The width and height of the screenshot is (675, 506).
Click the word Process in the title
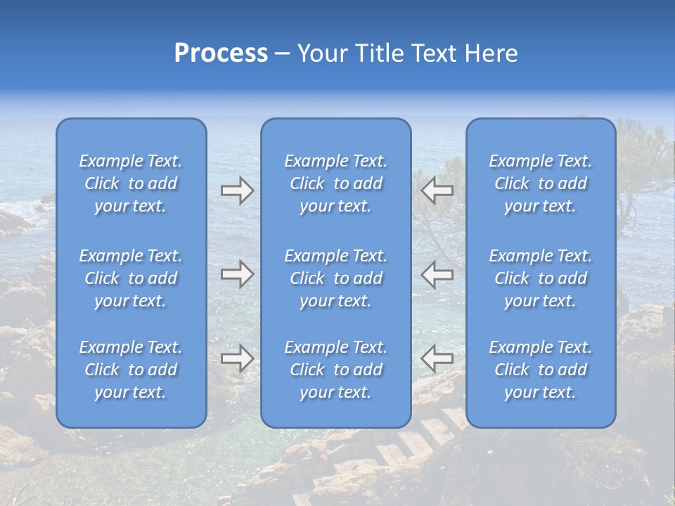pos(221,53)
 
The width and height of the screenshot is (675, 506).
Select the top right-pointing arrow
pos(237,190)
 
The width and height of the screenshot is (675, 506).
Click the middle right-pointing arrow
pos(237,274)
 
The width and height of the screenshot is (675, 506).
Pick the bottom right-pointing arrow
pos(237,358)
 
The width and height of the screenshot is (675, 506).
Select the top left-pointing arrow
pos(437,190)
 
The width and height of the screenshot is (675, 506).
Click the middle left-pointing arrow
pos(437,274)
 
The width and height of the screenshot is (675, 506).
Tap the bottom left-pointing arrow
pos(437,358)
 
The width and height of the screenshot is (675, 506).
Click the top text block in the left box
pos(131,183)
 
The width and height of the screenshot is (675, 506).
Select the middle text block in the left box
pos(131,278)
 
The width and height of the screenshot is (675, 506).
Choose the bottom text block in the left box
pos(131,370)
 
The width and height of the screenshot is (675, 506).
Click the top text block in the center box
pos(336,183)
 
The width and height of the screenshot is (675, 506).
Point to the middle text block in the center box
pos(336,278)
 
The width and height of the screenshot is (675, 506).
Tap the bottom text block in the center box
pos(336,370)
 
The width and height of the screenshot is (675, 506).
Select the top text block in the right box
pos(541,183)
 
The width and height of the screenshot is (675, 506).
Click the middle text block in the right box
pos(541,278)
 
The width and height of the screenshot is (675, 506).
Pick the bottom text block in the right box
pos(541,370)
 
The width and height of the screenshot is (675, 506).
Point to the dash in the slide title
pos(283,54)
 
